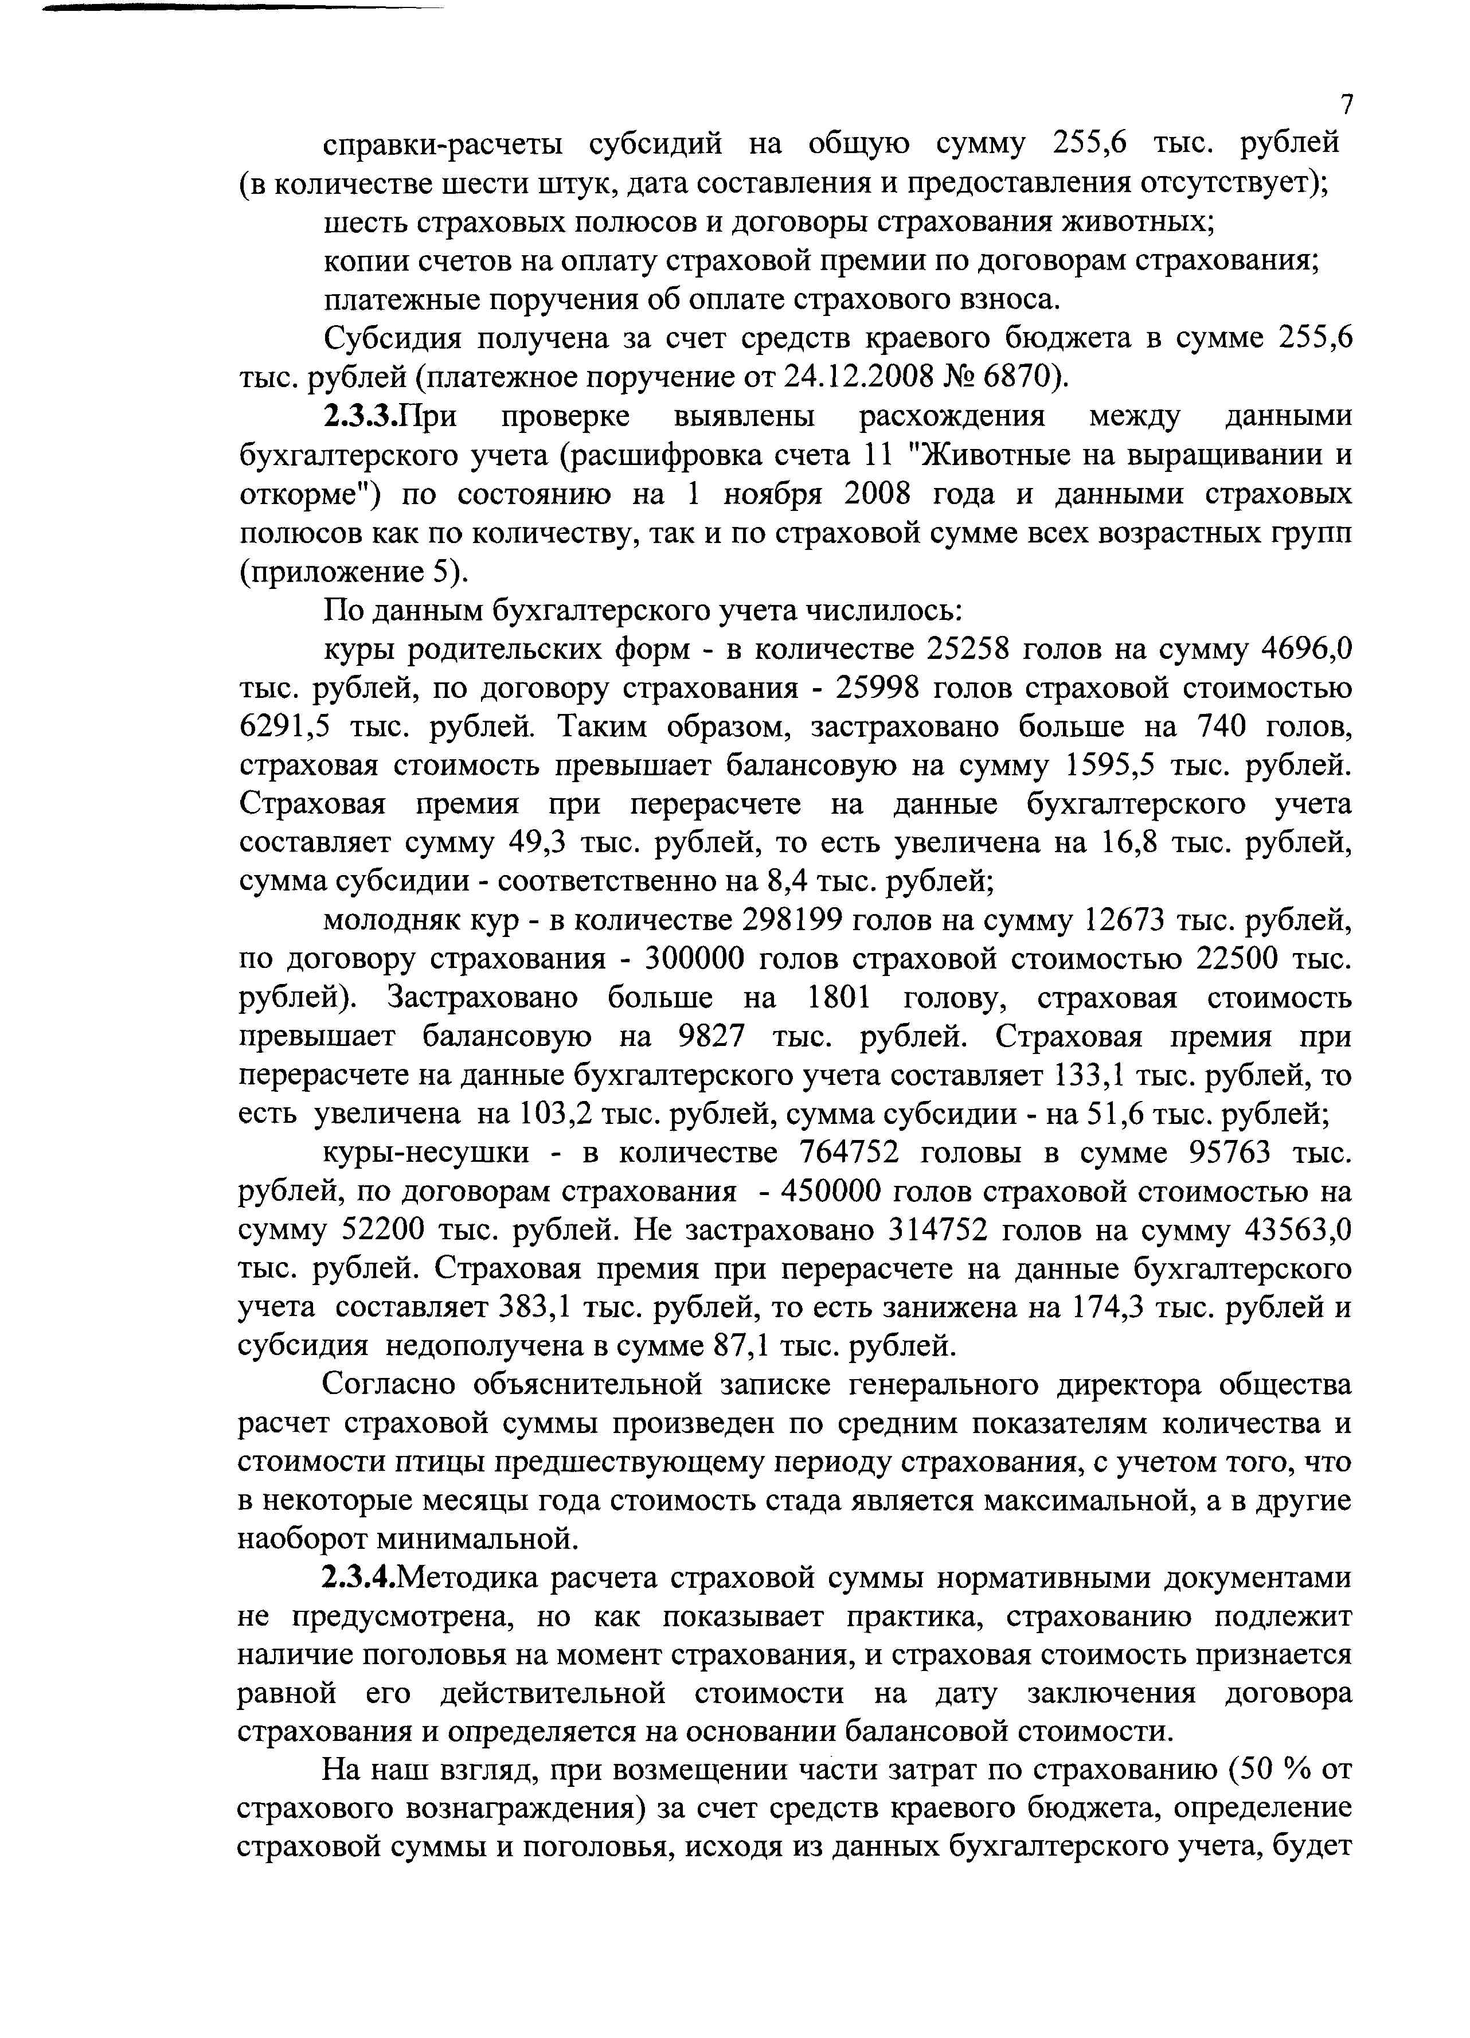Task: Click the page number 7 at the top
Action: [1345, 105]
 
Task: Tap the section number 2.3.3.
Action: [360, 416]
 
